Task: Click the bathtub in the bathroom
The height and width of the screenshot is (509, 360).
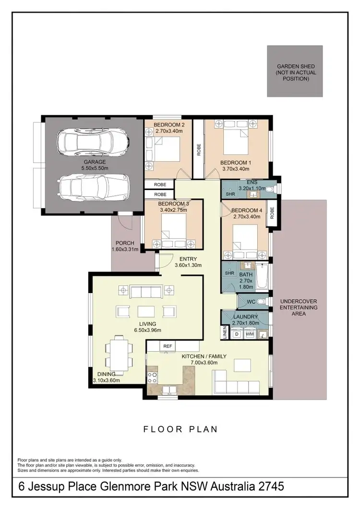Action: click(262, 277)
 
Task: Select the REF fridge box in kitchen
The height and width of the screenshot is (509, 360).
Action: click(168, 345)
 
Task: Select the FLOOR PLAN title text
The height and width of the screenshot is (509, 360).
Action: click(180, 429)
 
